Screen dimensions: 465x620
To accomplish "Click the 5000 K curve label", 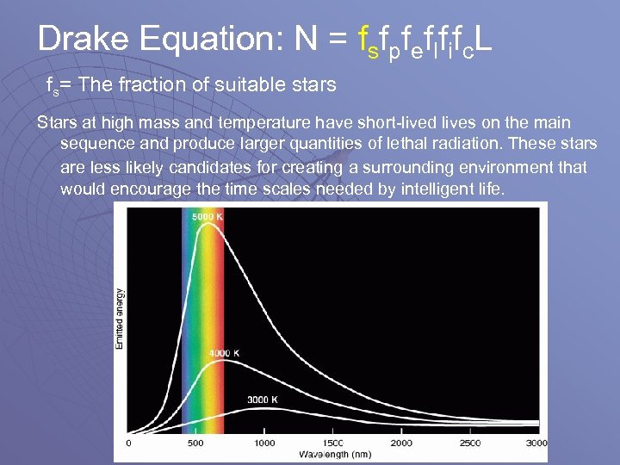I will [x=208, y=216].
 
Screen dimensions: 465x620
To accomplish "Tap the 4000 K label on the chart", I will [x=225, y=354].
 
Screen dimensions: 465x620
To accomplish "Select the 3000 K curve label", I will [x=263, y=400].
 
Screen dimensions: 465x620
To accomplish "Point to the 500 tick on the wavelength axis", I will [x=195, y=443].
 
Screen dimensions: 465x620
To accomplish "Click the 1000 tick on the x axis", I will [x=264, y=443].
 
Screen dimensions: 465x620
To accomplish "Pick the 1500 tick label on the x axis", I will [x=332, y=443].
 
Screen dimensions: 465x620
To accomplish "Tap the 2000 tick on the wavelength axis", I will [x=400, y=443].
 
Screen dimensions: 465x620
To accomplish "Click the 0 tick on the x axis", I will [x=128, y=443].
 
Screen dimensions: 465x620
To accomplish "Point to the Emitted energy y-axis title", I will [x=119, y=319].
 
